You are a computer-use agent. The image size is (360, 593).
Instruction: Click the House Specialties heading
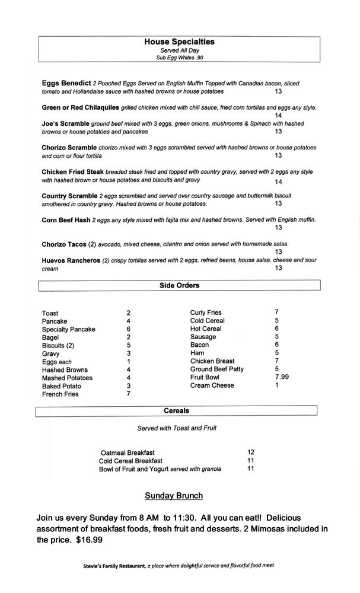click(179, 42)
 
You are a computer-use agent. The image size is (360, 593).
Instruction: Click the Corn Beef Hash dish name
click(66, 219)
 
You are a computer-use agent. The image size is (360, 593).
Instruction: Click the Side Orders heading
click(179, 285)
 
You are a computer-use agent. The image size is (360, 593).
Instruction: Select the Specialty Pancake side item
click(68, 329)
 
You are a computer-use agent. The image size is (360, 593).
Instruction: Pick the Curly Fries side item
click(206, 313)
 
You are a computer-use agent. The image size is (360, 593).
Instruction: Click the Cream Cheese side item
click(212, 385)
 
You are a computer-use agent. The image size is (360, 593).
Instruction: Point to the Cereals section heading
click(177, 410)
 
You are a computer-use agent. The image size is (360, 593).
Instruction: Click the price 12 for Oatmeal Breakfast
click(250, 452)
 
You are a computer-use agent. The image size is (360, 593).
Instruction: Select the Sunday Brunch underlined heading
click(174, 496)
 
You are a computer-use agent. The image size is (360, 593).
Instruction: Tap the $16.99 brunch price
click(93, 540)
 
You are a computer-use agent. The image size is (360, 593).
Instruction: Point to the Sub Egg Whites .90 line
click(179, 58)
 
